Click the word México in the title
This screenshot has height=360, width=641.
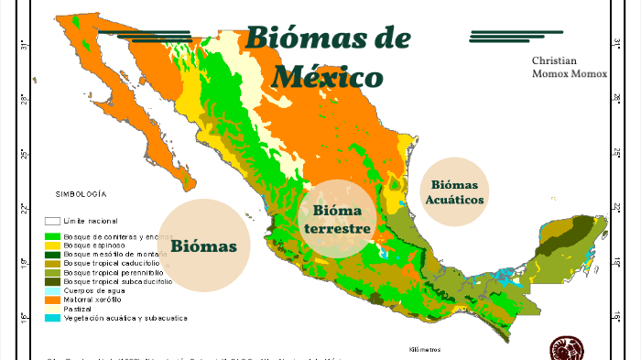point(327,76)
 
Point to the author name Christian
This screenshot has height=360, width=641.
point(555,60)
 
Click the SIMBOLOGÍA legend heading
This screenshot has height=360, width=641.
point(81,195)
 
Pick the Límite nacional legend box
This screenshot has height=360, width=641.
point(53,222)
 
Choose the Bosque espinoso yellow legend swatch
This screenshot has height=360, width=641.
point(53,245)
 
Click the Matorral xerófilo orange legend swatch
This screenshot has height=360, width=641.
point(53,300)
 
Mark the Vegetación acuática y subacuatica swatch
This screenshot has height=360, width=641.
point(53,318)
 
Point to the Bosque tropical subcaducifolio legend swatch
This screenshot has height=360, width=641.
point(53,281)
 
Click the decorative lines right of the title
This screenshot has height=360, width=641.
point(503,36)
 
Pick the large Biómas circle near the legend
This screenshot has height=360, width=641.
point(204,245)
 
